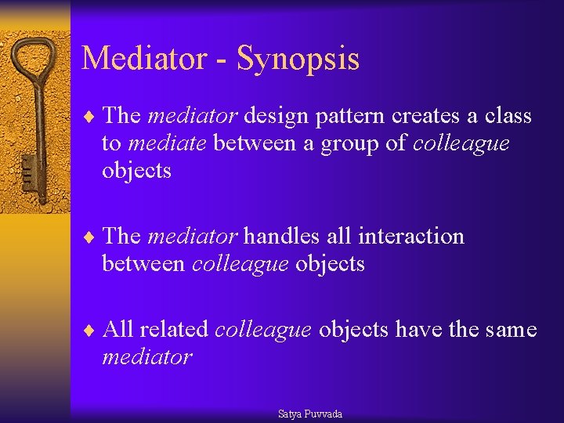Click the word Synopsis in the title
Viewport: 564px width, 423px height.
click(298, 60)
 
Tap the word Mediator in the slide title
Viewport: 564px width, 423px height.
click(144, 58)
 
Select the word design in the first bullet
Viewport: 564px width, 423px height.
click(274, 117)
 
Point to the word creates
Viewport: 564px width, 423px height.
click(428, 117)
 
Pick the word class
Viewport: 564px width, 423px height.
click(507, 117)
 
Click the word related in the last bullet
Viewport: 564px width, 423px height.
click(172, 330)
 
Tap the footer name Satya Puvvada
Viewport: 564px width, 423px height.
click(310, 414)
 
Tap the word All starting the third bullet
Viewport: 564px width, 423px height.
click(118, 330)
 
